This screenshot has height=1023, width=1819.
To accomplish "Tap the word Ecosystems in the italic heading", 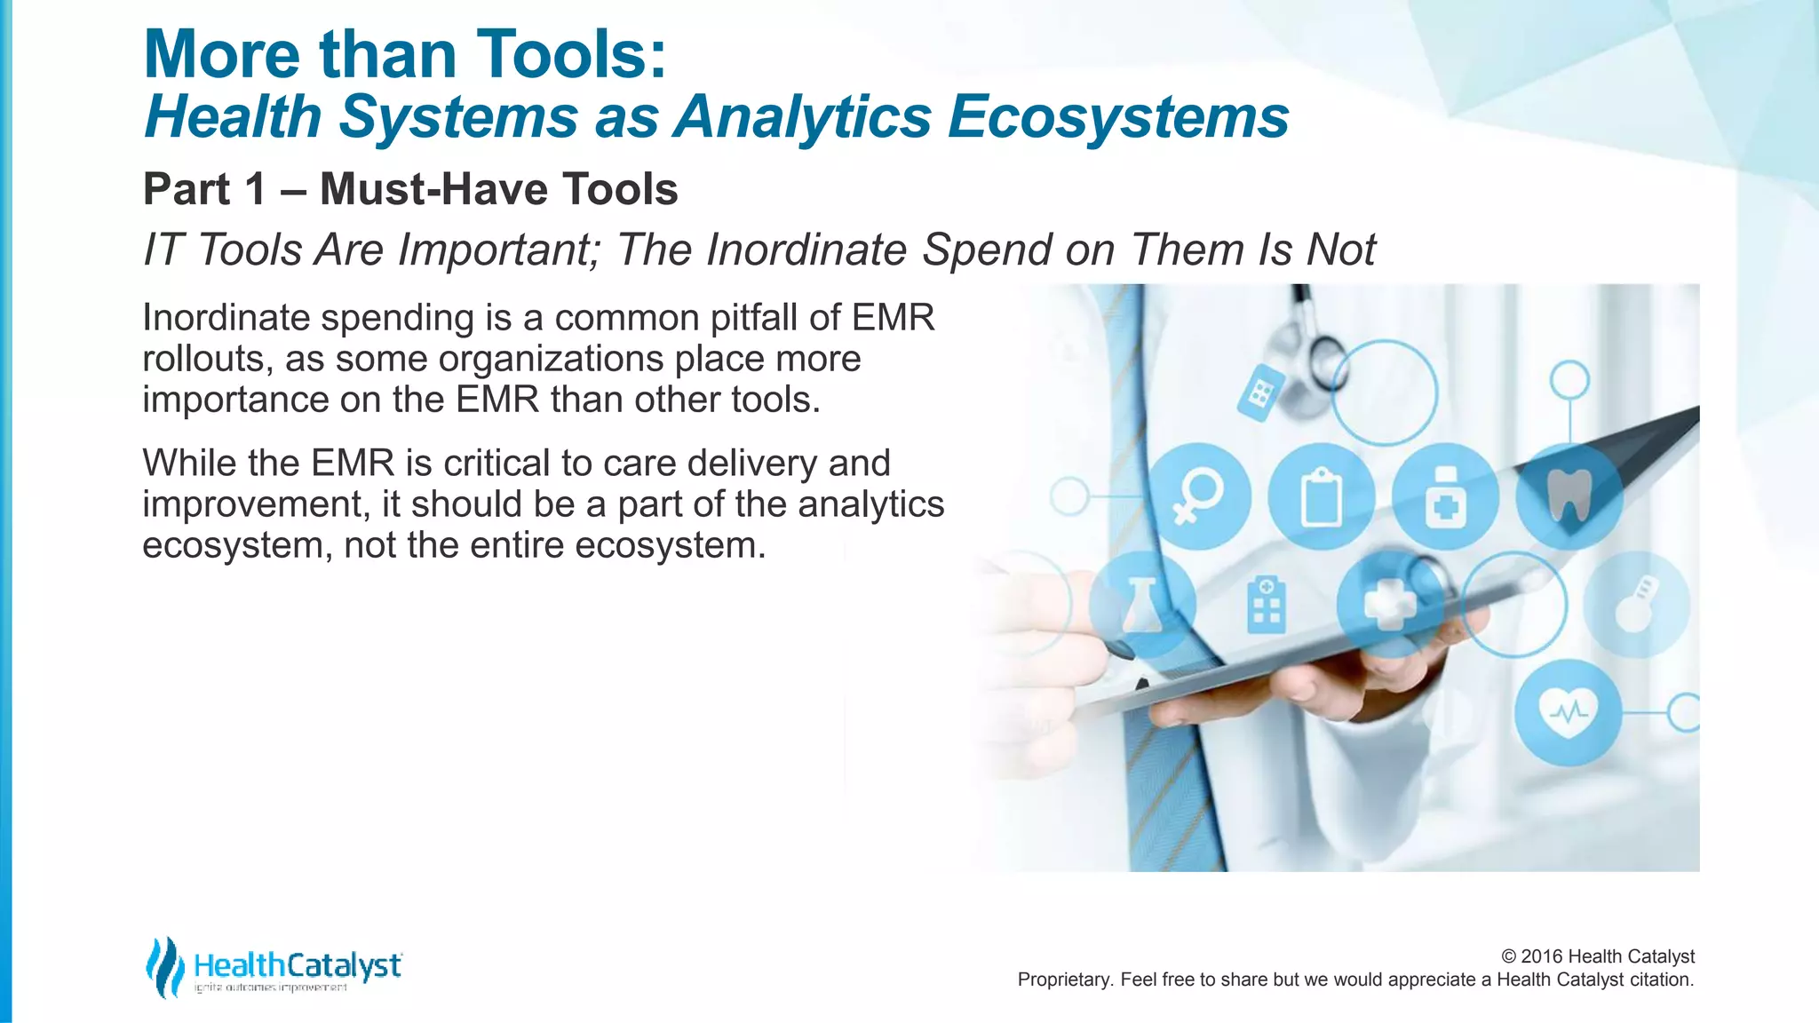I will click(x=1118, y=117).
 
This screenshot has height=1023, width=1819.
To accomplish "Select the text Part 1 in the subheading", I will click(x=204, y=189).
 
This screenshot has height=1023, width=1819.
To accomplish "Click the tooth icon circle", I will click(x=1569, y=496).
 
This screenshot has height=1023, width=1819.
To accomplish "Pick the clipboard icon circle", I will click(x=1321, y=497).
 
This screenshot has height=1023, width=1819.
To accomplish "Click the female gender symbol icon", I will click(x=1197, y=497).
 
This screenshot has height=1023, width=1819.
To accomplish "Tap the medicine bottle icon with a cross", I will click(x=1445, y=497).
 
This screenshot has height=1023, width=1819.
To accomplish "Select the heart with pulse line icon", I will click(x=1569, y=711).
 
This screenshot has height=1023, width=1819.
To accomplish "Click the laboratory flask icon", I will click(x=1142, y=604).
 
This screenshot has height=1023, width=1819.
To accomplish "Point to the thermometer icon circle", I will click(x=1636, y=604).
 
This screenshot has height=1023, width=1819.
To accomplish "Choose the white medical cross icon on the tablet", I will click(x=1390, y=604).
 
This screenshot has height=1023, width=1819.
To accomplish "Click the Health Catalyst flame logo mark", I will click(x=164, y=966).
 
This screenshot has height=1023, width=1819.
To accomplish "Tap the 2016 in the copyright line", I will click(x=1541, y=956).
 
